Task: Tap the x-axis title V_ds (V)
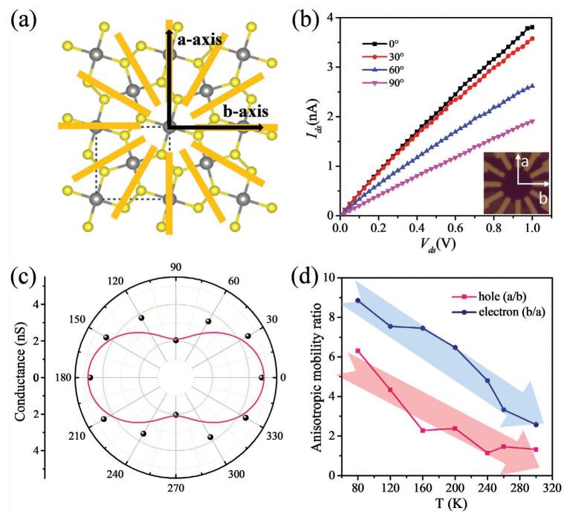click(x=435, y=245)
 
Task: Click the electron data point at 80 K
click(x=358, y=301)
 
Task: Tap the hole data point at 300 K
click(x=536, y=449)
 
